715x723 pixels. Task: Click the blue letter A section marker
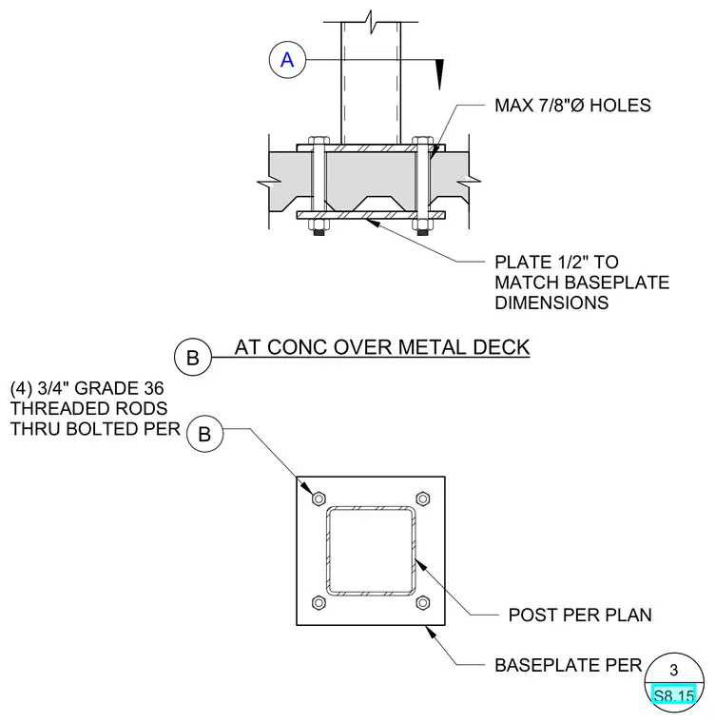point(287,60)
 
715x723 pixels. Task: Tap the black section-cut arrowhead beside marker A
point(440,74)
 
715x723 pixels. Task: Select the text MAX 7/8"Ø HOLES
point(572,106)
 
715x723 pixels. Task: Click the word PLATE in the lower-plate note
point(523,262)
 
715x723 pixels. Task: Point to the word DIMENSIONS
point(551,303)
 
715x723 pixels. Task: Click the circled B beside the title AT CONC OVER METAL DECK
point(193,357)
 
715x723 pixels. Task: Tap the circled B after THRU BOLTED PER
point(204,434)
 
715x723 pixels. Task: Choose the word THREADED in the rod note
point(54,408)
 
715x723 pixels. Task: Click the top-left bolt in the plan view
point(319,498)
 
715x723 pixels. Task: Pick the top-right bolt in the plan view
point(423,498)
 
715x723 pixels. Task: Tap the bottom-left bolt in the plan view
point(319,602)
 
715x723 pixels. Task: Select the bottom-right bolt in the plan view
point(423,602)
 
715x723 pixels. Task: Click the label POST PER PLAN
point(580,615)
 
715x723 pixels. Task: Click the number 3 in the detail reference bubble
point(674,670)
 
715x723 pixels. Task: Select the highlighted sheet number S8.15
point(674,695)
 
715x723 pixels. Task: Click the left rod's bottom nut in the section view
point(319,225)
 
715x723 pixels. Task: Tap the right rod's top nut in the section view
point(422,141)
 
